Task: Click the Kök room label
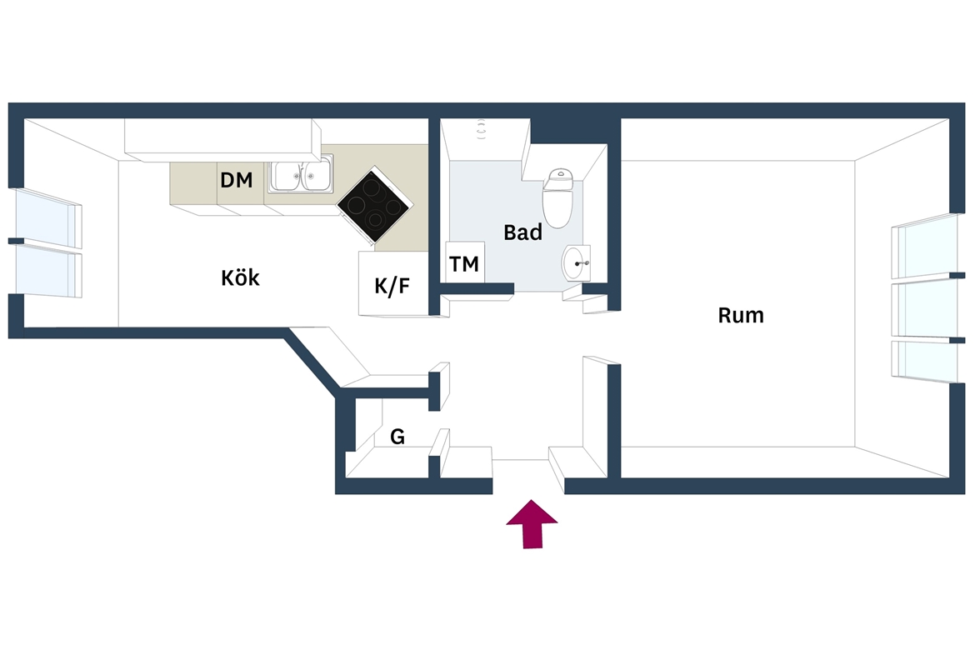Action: tap(240, 277)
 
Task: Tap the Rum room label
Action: tap(741, 315)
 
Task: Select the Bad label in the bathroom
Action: tap(522, 232)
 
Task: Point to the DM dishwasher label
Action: tap(237, 180)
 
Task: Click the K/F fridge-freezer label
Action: tap(392, 286)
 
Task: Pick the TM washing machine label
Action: tap(464, 263)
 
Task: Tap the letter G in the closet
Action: tap(397, 437)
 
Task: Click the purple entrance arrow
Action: tap(532, 523)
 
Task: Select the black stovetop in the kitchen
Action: tap(374, 205)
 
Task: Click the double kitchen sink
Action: tap(301, 174)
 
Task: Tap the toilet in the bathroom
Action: tap(557, 197)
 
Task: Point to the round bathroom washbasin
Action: tap(576, 262)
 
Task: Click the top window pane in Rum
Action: tap(924, 247)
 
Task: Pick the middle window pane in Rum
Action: tap(924, 310)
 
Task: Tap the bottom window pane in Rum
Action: tap(924, 362)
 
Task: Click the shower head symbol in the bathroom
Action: tap(481, 129)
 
